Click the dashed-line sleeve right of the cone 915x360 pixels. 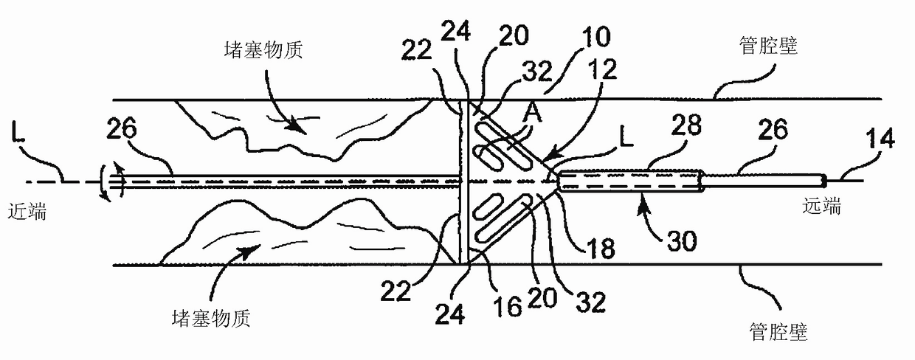pyautogui.click(x=631, y=181)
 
